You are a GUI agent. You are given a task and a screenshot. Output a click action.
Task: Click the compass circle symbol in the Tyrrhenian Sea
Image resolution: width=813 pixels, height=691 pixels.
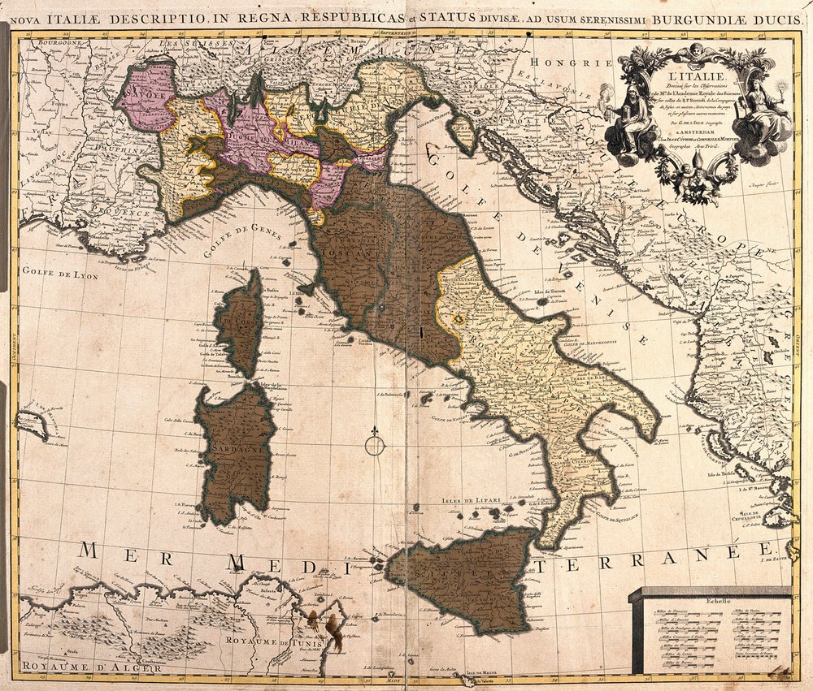tap(374, 445)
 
